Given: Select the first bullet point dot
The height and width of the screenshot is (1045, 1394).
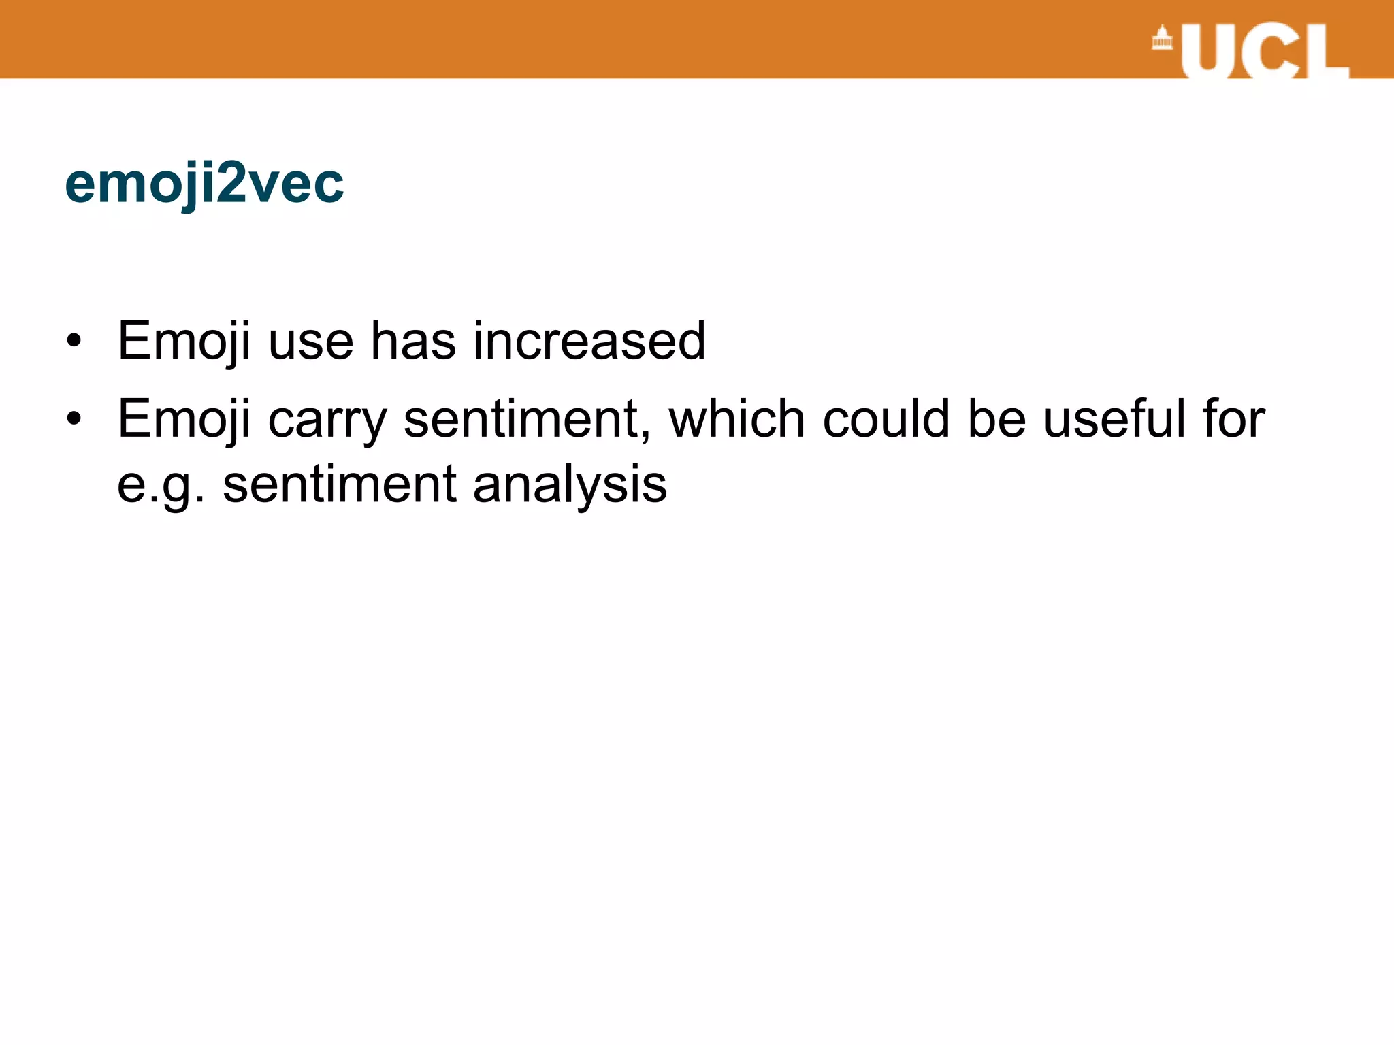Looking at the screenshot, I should click(x=74, y=340).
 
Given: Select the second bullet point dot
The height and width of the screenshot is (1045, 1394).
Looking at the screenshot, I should click(x=74, y=418).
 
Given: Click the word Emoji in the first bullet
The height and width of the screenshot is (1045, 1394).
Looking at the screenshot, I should click(x=184, y=340).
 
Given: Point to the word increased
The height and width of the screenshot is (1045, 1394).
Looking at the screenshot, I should click(x=589, y=340).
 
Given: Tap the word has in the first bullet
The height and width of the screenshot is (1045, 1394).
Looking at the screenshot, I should click(x=413, y=340).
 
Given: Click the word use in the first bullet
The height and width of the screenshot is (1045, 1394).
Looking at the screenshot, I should click(x=311, y=340).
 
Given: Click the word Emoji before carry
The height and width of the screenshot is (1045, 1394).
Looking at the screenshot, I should click(x=184, y=418).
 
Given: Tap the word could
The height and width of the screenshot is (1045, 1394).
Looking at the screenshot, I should click(x=886, y=418).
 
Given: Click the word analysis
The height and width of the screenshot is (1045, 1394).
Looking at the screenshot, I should click(x=570, y=484).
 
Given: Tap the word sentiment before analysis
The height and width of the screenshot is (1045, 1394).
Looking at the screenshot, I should click(x=340, y=484).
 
